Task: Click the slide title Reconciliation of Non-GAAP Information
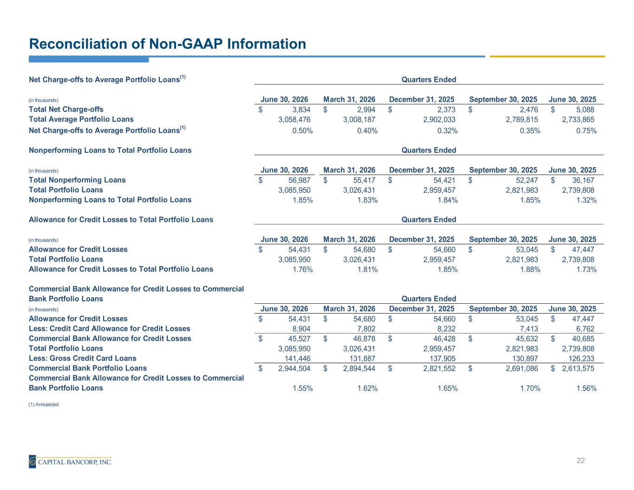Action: pos(168,44)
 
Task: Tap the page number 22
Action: pos(581,460)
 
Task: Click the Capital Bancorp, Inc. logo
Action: pos(70,461)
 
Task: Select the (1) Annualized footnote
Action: pos(44,404)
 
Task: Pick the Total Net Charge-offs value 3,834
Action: pos(301,110)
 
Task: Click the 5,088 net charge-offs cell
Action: pos(585,110)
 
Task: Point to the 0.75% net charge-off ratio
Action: pos(586,131)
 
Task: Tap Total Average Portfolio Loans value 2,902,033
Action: pos(439,119)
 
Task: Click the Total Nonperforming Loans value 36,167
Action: pos(583,180)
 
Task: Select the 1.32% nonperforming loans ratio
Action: pos(586,200)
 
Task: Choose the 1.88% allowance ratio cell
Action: pos(530,269)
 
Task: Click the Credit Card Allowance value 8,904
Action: pos(301,329)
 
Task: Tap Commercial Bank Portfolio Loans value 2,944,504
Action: pos(294,368)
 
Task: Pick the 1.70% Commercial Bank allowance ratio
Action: pos(530,388)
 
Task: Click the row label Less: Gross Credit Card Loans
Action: pos(83,358)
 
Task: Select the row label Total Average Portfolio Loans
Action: pos(81,119)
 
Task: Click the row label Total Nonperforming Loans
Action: pos(77,180)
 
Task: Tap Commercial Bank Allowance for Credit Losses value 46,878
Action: pos(364,339)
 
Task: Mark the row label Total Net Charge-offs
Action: pos(66,109)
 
